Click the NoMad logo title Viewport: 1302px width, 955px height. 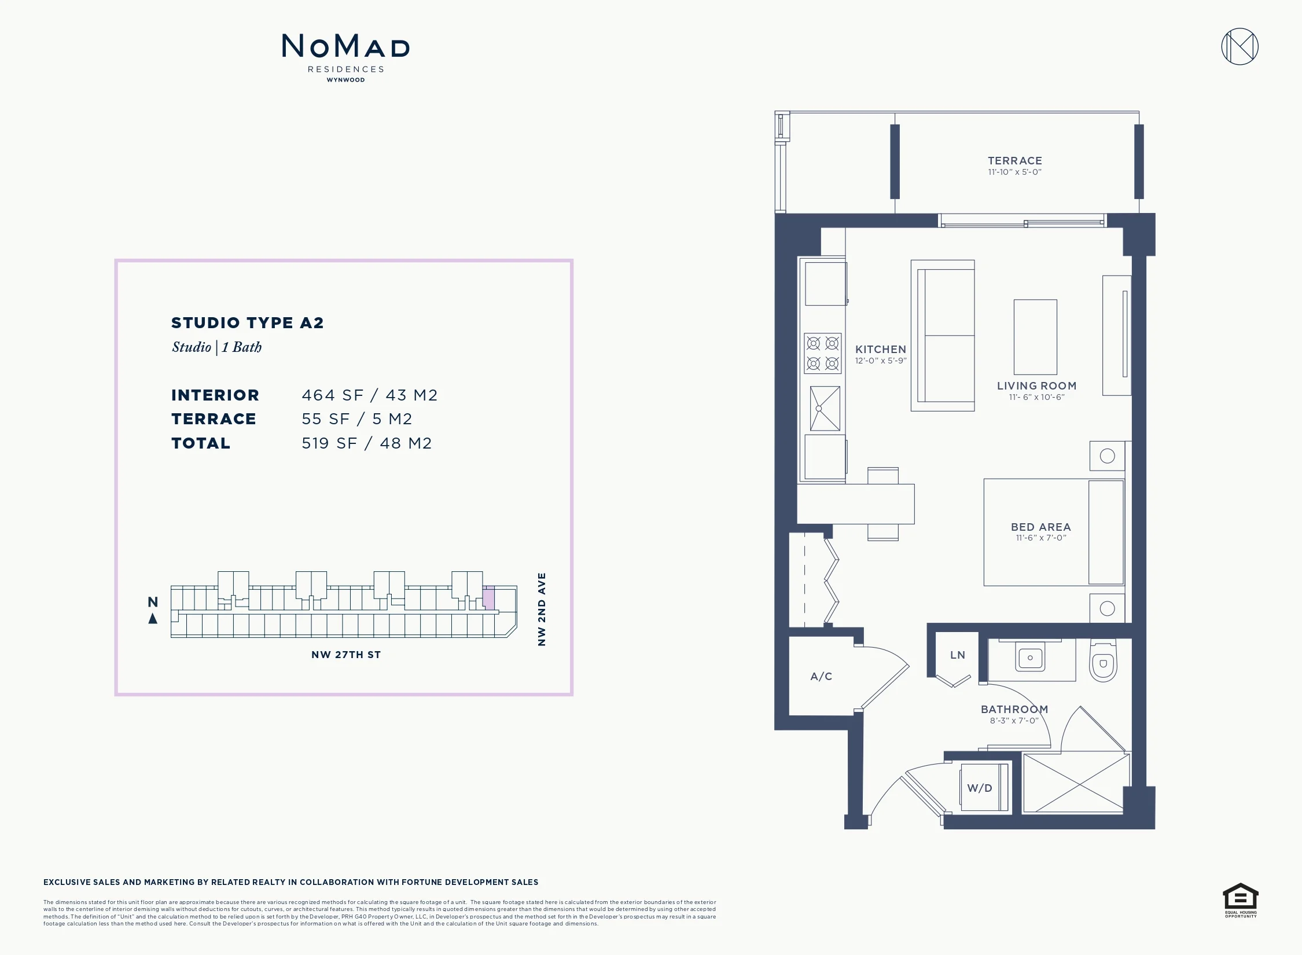click(x=345, y=46)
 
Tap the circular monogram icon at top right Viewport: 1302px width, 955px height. click(x=1240, y=46)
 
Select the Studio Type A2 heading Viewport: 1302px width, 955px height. click(x=248, y=323)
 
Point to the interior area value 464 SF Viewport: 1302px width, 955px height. click(x=333, y=395)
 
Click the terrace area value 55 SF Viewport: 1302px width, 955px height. click(x=326, y=419)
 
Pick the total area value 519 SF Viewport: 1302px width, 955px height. click(x=329, y=443)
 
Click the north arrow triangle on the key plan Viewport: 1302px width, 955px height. click(x=153, y=619)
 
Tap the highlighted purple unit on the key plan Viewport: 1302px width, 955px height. click(x=489, y=598)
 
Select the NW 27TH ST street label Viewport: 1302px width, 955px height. click(x=346, y=655)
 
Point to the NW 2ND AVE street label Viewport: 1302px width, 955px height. click(x=542, y=609)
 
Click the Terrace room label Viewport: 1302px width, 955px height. click(x=1015, y=161)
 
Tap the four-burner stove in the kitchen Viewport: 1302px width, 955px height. click(x=822, y=353)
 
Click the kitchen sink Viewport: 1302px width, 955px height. click(x=825, y=409)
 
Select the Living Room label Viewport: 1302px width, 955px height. click(x=1036, y=386)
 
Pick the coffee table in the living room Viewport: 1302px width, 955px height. click(x=1035, y=337)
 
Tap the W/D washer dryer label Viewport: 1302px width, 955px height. click(x=980, y=788)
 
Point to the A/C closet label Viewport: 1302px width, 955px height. click(x=821, y=676)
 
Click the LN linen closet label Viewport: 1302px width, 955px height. click(x=958, y=655)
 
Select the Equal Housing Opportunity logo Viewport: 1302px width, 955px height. click(x=1241, y=900)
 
